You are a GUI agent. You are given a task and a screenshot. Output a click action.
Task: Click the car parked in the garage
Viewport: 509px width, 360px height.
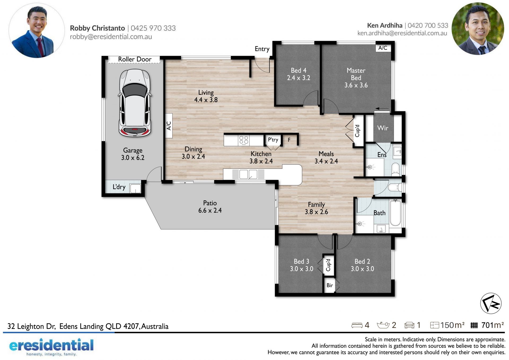click(x=135, y=103)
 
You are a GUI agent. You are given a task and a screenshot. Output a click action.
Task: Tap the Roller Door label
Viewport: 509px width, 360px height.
click(x=135, y=59)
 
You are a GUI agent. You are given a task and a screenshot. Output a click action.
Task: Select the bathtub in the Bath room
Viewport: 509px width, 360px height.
click(x=395, y=213)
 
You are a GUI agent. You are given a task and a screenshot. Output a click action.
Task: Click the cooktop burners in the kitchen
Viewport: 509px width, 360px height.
click(x=244, y=140)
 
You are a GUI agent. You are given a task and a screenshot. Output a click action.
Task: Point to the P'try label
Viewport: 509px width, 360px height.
click(x=273, y=140)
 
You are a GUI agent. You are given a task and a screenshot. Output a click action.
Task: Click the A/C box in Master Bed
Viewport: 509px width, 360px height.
click(x=383, y=48)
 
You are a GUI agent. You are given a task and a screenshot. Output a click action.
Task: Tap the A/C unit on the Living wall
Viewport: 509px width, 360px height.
click(x=169, y=125)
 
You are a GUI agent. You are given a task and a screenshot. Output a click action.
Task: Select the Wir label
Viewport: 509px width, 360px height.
click(x=383, y=128)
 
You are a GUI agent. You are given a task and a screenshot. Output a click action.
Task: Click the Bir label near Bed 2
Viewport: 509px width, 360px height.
click(x=330, y=285)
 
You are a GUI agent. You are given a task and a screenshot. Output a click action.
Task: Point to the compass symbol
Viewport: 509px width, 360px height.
click(x=491, y=303)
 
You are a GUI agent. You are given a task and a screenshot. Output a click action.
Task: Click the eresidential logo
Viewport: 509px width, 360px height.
click(x=51, y=346)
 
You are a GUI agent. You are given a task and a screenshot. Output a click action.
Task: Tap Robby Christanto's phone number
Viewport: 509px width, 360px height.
click(x=153, y=28)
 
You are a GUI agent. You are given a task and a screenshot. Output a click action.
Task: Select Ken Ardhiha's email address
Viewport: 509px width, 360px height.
click(x=402, y=33)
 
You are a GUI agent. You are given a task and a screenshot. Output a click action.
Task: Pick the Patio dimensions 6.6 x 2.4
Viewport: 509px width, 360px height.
click(x=210, y=210)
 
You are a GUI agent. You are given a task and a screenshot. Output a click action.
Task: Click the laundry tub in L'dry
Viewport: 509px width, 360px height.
click(x=135, y=188)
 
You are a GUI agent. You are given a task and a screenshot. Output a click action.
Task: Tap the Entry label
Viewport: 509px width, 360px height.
click(x=262, y=49)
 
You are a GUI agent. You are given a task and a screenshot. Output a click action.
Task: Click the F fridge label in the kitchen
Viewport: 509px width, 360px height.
click(x=289, y=140)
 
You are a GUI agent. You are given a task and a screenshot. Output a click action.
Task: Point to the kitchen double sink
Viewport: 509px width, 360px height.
click(x=248, y=174)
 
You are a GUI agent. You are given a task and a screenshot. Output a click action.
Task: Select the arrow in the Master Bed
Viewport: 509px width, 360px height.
click(x=382, y=109)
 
